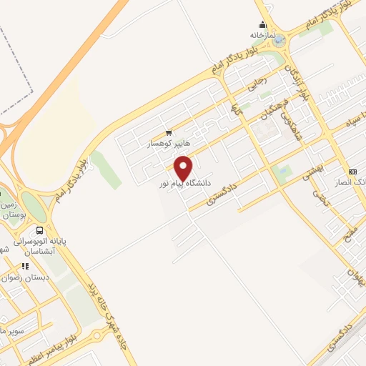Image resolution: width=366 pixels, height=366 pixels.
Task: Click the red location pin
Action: pyautogui.click(x=184, y=168)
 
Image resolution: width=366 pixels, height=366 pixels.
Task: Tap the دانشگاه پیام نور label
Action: pyautogui.click(x=186, y=184)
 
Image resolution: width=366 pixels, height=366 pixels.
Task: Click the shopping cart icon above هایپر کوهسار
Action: pyautogui.click(x=169, y=132)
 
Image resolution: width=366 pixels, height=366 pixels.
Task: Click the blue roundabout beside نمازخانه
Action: pyautogui.click(x=279, y=41)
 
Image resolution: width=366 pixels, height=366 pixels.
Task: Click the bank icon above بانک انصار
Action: pyautogui.click(x=352, y=172)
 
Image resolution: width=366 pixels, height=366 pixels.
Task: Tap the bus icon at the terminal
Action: pyautogui.click(x=39, y=231)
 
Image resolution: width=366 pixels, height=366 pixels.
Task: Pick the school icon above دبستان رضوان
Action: pyautogui.click(x=26, y=266)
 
